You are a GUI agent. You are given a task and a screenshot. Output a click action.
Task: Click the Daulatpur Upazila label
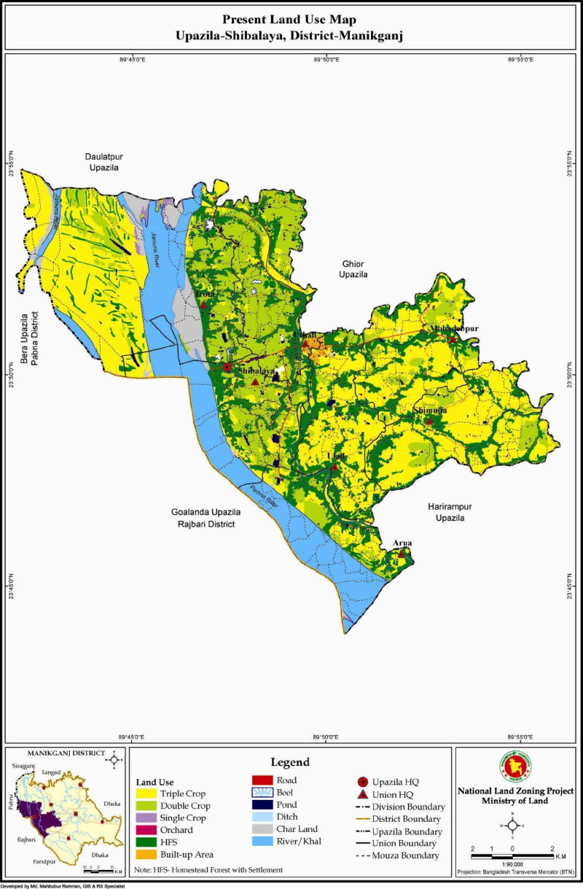coord(101,163)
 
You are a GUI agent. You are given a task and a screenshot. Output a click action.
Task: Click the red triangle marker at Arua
coord(401,554)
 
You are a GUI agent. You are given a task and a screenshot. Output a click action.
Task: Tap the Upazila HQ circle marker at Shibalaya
coord(227,368)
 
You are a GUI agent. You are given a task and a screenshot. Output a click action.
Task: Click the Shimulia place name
coord(430,411)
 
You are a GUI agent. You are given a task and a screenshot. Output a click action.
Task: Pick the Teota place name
coord(205,295)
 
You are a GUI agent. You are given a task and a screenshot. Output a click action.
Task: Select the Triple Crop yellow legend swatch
coord(146,793)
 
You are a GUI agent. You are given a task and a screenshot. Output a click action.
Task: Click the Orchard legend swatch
coord(146,830)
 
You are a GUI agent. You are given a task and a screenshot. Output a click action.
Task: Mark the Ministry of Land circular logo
coord(512,765)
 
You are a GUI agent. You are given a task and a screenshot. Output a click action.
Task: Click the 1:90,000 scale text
coord(512,858)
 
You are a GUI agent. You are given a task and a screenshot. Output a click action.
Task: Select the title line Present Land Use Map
coord(291,20)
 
